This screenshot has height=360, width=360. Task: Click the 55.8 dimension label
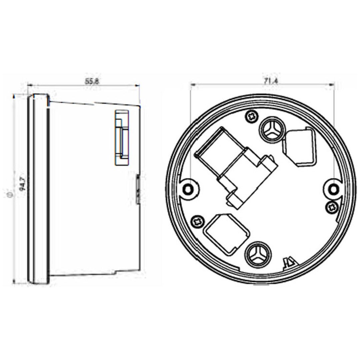(92, 81)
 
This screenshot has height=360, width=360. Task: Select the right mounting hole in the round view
(333, 190)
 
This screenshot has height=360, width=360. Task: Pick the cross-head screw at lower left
(197, 221)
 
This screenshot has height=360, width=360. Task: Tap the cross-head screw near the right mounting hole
(332, 207)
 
